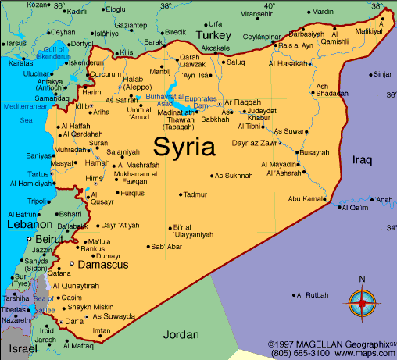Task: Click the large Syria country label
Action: point(186,146)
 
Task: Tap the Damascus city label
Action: point(98,266)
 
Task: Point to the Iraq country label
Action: point(362,159)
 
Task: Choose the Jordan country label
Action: point(181,334)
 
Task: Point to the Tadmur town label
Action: point(195,194)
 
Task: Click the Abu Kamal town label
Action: point(306,199)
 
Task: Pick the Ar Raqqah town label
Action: point(241,102)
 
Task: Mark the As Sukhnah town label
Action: point(234,176)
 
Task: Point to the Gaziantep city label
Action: point(131,25)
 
